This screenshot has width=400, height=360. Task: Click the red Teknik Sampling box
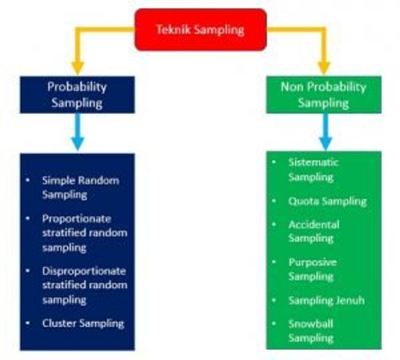(201, 29)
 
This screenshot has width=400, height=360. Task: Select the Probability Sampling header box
(77, 94)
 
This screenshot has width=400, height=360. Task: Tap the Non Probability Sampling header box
(323, 94)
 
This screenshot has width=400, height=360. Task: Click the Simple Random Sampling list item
(80, 187)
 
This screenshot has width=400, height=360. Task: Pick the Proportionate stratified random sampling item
(84, 232)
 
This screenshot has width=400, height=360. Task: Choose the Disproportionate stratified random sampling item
(84, 285)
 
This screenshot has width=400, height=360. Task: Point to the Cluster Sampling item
(83, 323)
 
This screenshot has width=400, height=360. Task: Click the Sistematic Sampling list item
(313, 169)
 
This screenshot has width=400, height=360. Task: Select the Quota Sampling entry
(327, 201)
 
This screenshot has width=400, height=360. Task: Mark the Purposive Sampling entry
(312, 269)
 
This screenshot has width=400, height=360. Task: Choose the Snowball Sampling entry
(311, 331)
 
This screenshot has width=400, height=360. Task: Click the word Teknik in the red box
(172, 29)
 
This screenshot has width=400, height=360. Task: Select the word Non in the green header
(291, 87)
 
